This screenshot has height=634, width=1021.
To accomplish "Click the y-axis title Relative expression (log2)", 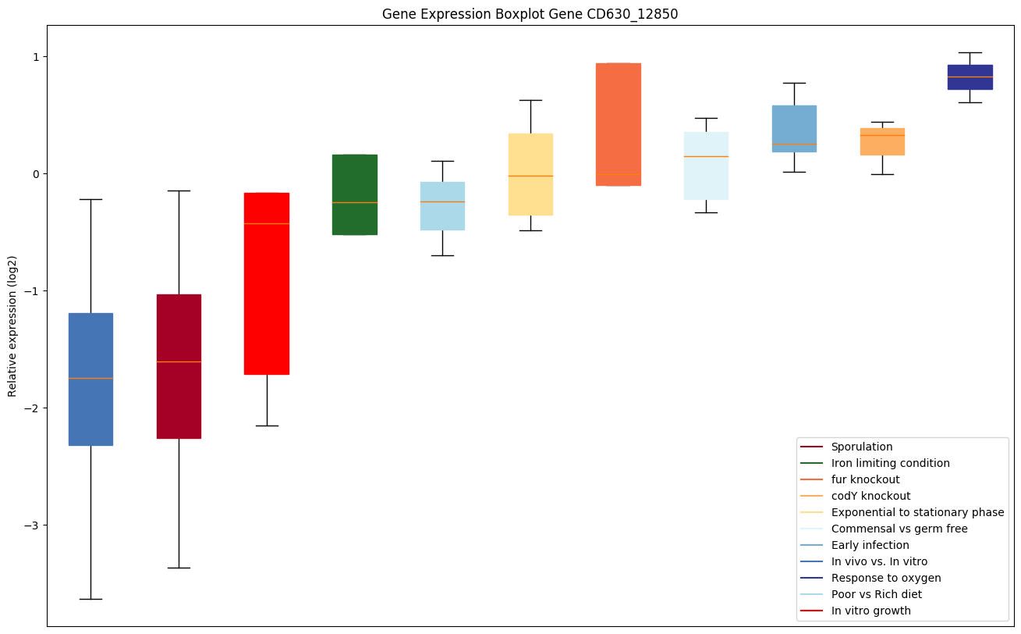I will tap(12, 326).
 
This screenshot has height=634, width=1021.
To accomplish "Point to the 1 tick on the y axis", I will tap(37, 57).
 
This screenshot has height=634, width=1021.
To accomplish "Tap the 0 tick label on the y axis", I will tap(37, 174).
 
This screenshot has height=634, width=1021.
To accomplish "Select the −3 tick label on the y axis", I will tap(34, 525).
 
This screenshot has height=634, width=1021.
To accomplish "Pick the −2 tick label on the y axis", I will tap(34, 408).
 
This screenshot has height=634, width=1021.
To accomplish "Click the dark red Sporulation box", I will tap(179, 366).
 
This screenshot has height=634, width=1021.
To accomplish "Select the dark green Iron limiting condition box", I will tap(355, 194).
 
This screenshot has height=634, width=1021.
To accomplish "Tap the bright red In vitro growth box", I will tap(267, 283).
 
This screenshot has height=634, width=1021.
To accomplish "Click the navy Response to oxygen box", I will tap(970, 77).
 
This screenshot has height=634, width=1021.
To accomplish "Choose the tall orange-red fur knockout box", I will tap(619, 124).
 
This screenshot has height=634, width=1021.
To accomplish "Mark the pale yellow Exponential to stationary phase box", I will tap(530, 174).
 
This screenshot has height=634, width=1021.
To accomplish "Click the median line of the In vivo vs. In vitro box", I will tap(90, 378).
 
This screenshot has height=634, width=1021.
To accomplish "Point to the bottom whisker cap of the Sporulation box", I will tap(179, 568).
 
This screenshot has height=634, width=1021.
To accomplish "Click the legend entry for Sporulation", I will tap(861, 447).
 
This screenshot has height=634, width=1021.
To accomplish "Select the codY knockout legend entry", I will tap(870, 497).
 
